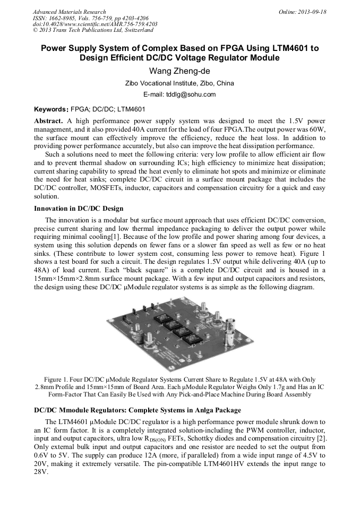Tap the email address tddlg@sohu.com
click(179, 94)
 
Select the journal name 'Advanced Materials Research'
click(69, 12)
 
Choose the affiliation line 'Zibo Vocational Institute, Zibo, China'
click(179, 83)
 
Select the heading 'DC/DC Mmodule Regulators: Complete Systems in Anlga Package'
click(130, 410)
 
